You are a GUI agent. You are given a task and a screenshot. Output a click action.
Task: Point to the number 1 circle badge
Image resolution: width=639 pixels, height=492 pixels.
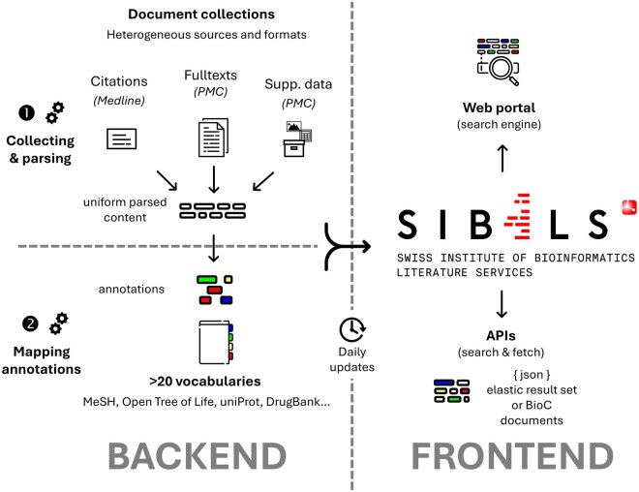coord(27,112)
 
